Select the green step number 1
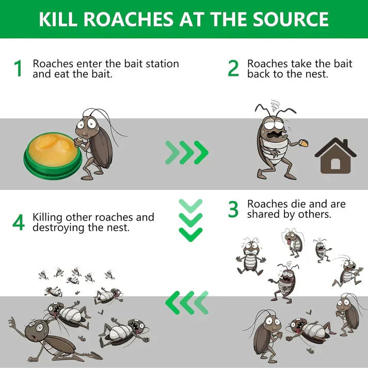point(19,69)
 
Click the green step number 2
point(233,69)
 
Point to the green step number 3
point(233,209)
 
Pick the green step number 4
point(19,222)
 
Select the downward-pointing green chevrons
point(190,220)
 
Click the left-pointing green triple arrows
point(186,302)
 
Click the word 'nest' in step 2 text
point(316,74)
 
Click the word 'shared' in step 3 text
point(264,214)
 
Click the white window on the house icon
point(335,164)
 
